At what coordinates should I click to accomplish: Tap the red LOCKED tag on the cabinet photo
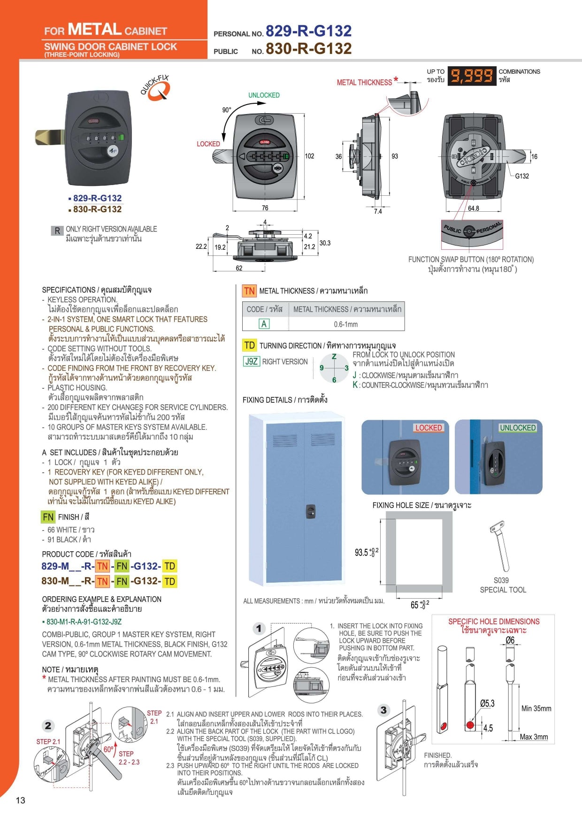coord(428,428)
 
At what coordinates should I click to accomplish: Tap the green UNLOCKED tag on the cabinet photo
coord(517,428)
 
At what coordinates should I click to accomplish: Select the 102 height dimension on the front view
coord(309,156)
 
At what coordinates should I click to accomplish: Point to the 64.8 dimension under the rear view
coord(473,208)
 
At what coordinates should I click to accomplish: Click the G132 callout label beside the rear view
coord(521,176)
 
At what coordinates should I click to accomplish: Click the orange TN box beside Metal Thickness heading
coord(249,291)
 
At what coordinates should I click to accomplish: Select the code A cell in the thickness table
coord(264,324)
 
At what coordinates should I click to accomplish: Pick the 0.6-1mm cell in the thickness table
coord(346,324)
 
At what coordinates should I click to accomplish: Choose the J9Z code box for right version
coord(251,362)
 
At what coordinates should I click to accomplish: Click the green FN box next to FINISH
coord(48,517)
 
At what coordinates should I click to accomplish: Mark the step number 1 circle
coord(259,628)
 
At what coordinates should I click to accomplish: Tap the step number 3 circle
coord(383,710)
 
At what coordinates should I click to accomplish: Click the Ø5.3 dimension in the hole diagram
coord(487,703)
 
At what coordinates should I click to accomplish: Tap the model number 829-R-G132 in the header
coord(308,31)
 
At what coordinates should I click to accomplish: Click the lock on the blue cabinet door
coord(310,511)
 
